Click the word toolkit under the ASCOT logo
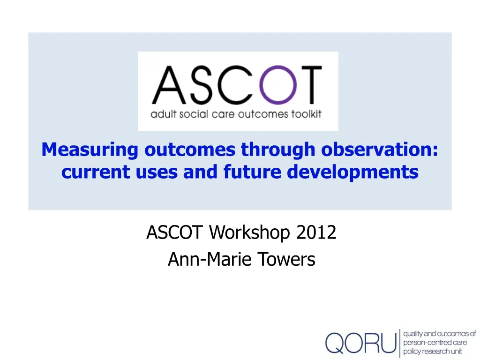[x=306, y=114]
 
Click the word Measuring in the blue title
[x=90, y=150]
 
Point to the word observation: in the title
[x=380, y=150]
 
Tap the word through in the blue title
[x=278, y=150]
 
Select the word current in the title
[x=96, y=172]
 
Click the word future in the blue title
[x=252, y=172]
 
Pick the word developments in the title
[x=352, y=172]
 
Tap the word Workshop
[x=249, y=232]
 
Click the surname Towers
[x=286, y=259]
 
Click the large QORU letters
[x=361, y=343]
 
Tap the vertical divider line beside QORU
[x=400, y=343]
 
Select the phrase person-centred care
[x=435, y=343]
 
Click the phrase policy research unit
[x=433, y=352]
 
